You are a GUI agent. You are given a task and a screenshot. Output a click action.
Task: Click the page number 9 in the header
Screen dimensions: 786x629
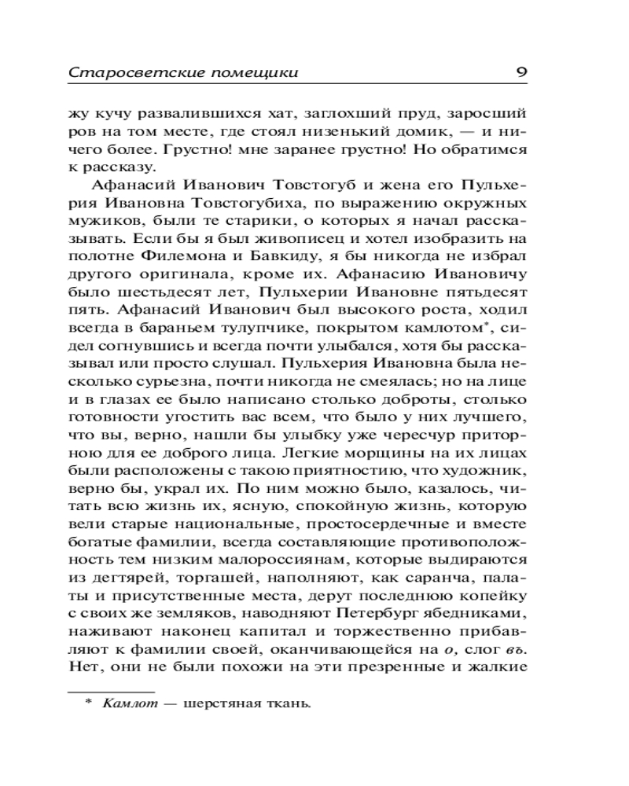(521, 73)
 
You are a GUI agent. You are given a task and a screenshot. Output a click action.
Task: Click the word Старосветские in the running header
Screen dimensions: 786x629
(116, 74)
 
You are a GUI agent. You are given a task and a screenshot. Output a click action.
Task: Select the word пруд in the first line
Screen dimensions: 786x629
(359, 114)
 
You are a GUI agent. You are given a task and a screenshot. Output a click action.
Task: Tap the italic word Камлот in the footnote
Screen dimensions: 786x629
(127, 703)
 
